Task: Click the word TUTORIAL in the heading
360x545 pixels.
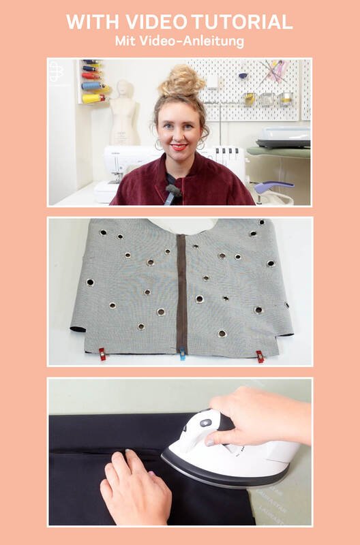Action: point(242,22)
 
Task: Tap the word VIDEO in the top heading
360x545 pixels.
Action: point(157,22)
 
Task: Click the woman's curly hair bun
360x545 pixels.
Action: point(182,80)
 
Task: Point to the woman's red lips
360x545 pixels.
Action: point(179,147)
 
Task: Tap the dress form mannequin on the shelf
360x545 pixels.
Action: point(124,113)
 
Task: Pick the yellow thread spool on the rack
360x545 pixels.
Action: point(93,98)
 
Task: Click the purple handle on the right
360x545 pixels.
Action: point(273,187)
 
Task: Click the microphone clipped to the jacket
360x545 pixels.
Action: point(173,191)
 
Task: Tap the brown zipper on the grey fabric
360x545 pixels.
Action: point(181,293)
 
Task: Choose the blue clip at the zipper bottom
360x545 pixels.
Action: point(182,354)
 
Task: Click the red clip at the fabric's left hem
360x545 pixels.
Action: point(102,354)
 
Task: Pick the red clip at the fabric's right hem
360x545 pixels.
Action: point(260,356)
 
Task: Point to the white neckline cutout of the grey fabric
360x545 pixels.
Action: point(183,226)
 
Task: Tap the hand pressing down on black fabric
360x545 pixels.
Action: point(136,486)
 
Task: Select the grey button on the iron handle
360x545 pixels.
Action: point(205,423)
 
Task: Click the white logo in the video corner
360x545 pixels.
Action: point(56,72)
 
